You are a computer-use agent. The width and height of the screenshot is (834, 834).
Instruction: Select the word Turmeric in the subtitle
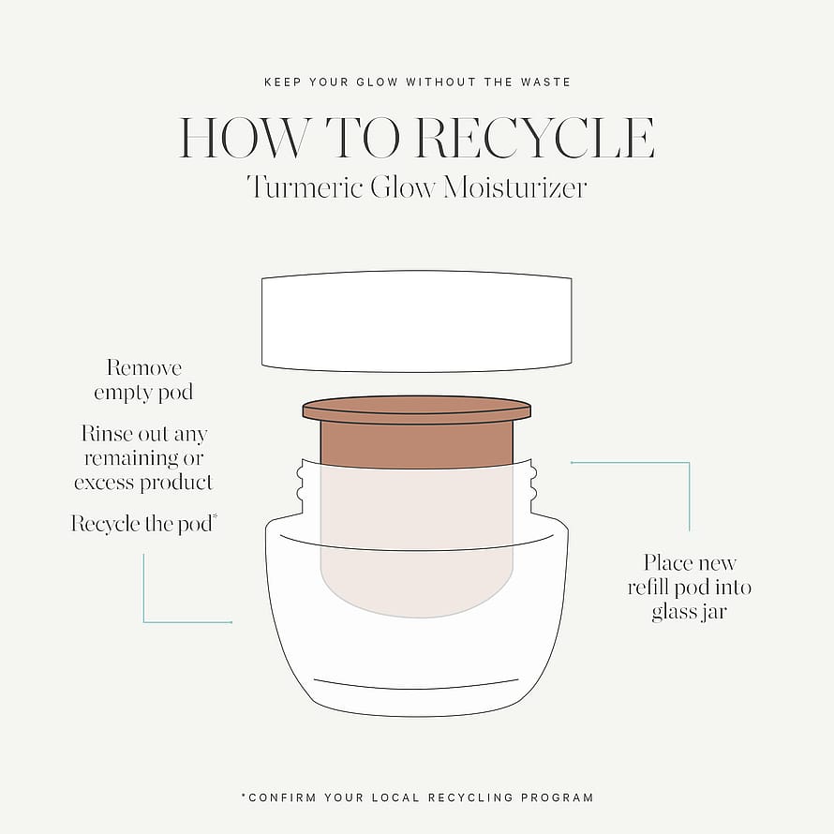tap(305, 187)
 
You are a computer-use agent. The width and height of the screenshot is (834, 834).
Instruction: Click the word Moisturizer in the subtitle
tap(514, 187)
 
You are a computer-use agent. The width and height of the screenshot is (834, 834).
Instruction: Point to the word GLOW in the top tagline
tap(377, 82)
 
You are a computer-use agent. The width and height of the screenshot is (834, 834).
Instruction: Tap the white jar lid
tap(416, 320)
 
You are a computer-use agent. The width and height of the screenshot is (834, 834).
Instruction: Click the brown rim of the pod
tap(416, 410)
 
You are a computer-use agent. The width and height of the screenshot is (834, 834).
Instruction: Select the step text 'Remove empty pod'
tap(143, 380)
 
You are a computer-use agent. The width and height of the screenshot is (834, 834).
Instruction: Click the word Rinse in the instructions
tap(107, 434)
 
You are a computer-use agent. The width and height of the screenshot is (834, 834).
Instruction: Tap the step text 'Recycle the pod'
tap(143, 524)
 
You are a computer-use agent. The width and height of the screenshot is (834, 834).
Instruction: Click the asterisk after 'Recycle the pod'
tap(215, 516)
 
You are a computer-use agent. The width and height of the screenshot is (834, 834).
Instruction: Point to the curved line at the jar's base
tap(416, 684)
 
